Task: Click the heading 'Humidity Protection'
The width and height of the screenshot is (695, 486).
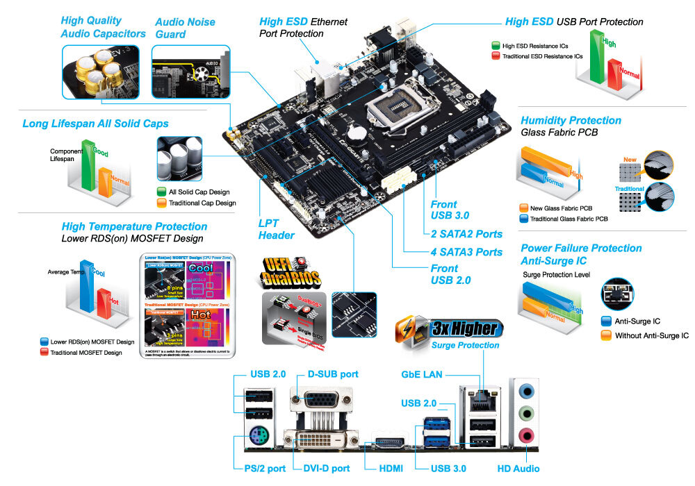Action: pos(571,120)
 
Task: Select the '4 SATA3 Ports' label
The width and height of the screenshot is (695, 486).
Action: pos(466,252)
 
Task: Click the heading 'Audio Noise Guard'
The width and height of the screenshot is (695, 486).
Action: pos(185,28)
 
